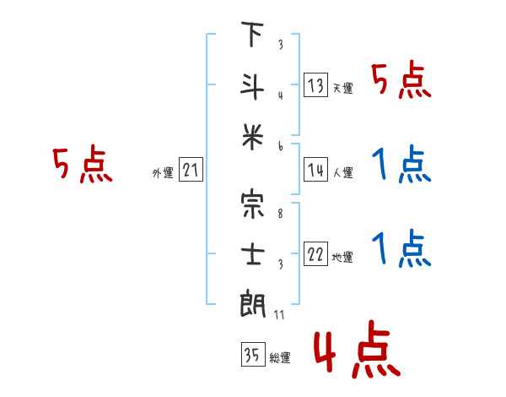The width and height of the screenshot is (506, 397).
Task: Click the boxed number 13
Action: (x=315, y=85)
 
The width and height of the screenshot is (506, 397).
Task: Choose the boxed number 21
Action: (x=191, y=171)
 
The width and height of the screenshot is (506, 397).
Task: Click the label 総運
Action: (x=280, y=358)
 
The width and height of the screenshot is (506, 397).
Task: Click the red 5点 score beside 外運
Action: (x=82, y=166)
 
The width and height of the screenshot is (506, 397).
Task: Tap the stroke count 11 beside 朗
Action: (x=280, y=315)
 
